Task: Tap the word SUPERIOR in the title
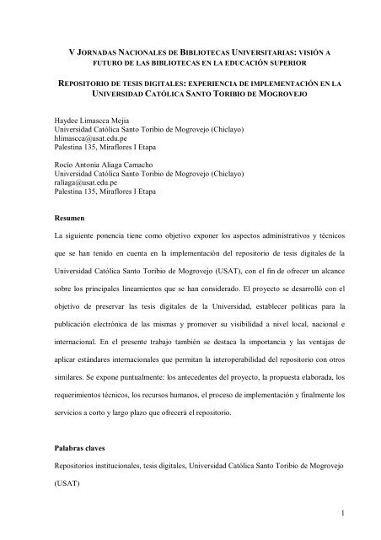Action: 285,63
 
